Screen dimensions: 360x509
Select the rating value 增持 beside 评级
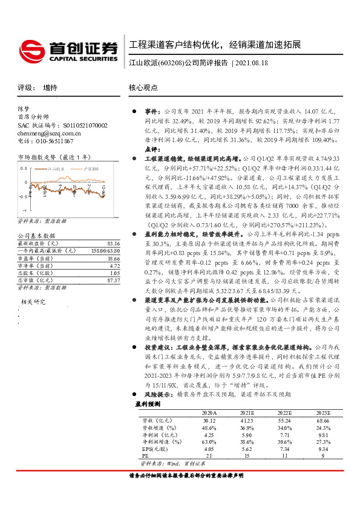(x=51, y=87)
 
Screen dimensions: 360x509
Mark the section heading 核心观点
(x=143, y=87)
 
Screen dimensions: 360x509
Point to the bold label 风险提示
(x=157, y=392)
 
